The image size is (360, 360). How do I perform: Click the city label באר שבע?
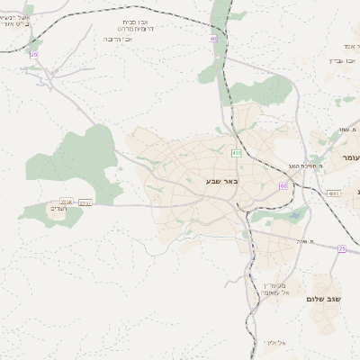coord(206,182)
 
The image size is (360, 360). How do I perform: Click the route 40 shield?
coord(213,39)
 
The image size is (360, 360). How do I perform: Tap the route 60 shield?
coord(283,186)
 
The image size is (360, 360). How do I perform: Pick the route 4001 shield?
coord(334,193)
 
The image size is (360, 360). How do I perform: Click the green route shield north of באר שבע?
coord(236,153)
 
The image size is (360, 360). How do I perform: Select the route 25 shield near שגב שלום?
coord(341,248)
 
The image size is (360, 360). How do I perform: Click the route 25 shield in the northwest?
coord(34,55)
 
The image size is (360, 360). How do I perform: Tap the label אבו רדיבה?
coord(119,40)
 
